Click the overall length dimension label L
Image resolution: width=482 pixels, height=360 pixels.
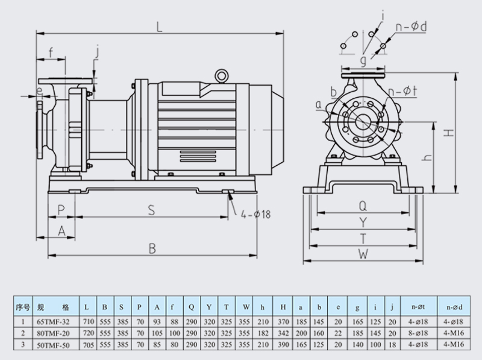tap(159, 26)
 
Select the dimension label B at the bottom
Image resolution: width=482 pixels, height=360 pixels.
tap(152, 248)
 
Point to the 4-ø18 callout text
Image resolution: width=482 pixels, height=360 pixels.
tap(258, 213)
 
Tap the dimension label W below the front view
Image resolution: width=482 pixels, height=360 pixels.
tap(363, 254)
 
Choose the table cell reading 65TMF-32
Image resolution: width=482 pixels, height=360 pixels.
tap(53, 320)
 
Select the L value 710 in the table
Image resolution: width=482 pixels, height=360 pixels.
tap(87, 320)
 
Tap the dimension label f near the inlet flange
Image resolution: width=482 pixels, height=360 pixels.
tap(51, 52)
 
